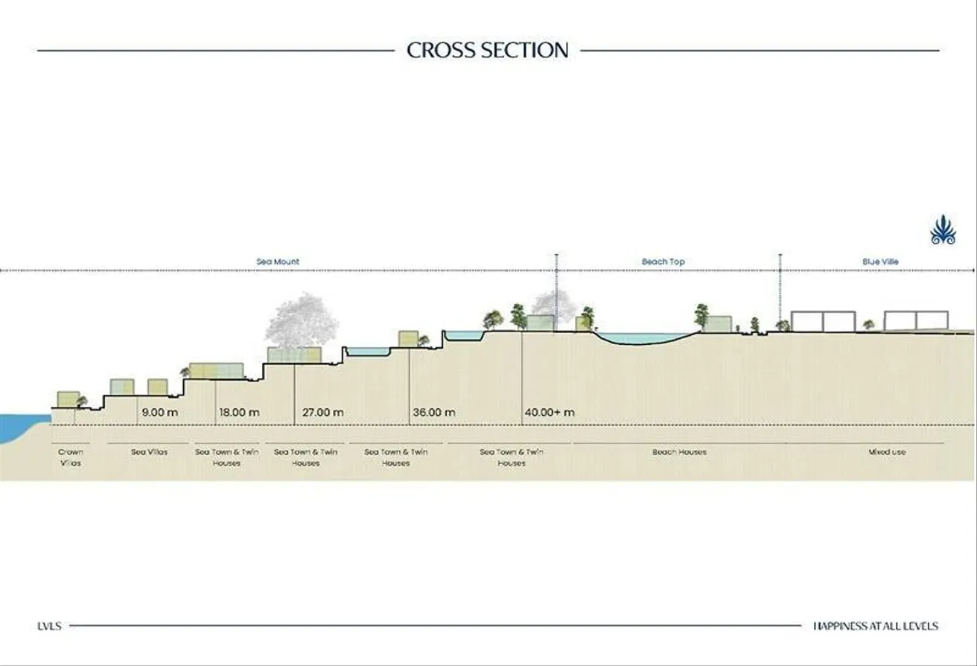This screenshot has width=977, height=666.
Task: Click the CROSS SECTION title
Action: pos(488,50)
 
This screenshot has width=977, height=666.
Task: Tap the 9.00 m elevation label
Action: pos(159,412)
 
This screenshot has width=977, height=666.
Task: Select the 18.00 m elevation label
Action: pos(239,412)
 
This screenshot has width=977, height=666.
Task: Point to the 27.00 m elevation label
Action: pos(322,412)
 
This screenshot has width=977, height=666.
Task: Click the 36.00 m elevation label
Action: pos(434,412)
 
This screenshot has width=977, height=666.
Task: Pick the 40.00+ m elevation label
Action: pos(550,412)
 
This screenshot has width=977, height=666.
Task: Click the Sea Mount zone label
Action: pos(278,261)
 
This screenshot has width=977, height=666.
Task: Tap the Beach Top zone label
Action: pos(663,261)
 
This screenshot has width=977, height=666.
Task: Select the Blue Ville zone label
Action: pos(880,261)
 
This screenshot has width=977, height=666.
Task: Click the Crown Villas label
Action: pos(70,457)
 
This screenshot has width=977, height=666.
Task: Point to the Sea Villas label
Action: pos(149,452)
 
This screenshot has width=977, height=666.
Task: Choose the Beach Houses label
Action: pos(679,452)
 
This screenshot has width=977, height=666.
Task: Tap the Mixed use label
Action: pos(887,452)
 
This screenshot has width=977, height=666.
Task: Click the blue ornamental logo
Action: pos(943,229)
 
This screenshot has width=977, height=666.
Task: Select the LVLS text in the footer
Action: pos(49,627)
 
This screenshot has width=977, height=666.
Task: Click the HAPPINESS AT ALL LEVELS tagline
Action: pos(876,627)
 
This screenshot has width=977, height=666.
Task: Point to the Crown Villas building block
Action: pos(68,399)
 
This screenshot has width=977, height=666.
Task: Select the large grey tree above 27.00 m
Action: pos(302,321)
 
